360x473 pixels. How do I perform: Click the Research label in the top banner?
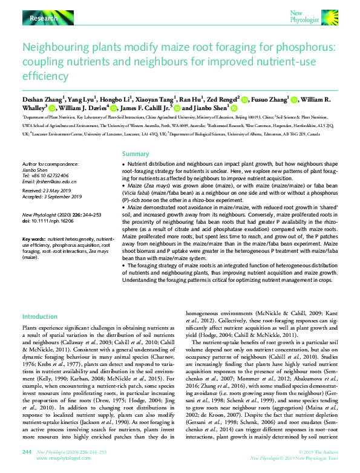coord(44,19)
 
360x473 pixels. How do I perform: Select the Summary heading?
coord(136,154)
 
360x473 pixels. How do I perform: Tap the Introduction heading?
coord(40,316)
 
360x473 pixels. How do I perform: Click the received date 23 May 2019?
coord(62,191)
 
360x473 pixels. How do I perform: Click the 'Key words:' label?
coord(33,240)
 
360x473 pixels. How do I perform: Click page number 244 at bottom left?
coord(27,451)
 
